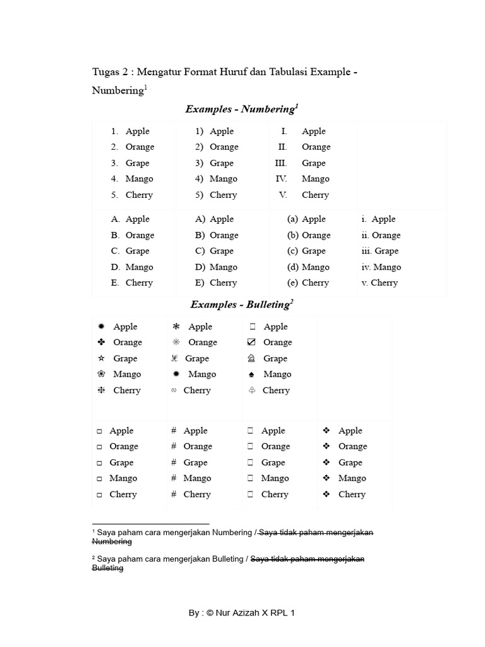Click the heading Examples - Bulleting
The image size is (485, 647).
tap(241, 305)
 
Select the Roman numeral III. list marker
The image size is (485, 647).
tap(280, 163)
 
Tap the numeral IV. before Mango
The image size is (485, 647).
tap(281, 179)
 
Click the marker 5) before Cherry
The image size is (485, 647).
tap(199, 195)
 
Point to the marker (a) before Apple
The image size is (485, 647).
tap(292, 219)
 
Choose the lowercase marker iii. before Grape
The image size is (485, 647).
tap(366, 251)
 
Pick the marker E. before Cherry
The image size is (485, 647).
tap(115, 283)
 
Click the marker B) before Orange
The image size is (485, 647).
tap(200, 235)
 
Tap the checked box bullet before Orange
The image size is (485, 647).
tap(251, 342)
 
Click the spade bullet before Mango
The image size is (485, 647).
tap(251, 375)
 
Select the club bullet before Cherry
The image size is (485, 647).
tap(251, 390)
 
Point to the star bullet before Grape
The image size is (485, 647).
tap(101, 358)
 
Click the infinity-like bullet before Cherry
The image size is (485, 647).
tap(174, 390)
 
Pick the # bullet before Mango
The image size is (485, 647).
tap(174, 478)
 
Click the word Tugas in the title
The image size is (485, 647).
tap(105, 72)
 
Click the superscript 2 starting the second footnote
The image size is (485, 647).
tap(94, 557)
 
